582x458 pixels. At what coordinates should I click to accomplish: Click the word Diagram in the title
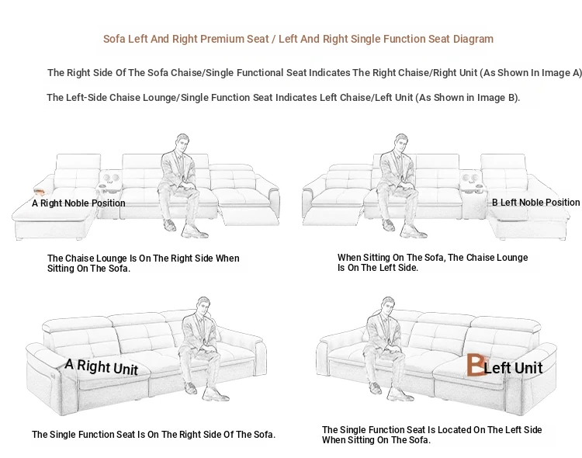pos(473,39)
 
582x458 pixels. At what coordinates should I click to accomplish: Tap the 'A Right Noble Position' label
pos(78,203)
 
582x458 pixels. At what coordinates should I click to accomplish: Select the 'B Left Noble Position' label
pos(536,203)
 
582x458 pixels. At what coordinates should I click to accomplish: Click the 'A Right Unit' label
pos(102,367)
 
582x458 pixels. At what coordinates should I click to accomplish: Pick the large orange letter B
pos(475,364)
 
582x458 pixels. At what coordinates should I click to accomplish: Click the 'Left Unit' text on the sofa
pos(514,368)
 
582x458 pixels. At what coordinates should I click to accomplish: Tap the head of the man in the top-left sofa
pos(182,142)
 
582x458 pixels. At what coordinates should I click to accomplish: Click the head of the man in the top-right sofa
pos(401,142)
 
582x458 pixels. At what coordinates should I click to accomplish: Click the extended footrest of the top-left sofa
pos(250,217)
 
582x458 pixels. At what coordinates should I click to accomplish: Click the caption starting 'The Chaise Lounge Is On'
pos(144,263)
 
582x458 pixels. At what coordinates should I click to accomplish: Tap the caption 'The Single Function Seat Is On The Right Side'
pos(154,435)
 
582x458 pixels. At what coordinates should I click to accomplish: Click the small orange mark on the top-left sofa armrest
pos(40,192)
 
